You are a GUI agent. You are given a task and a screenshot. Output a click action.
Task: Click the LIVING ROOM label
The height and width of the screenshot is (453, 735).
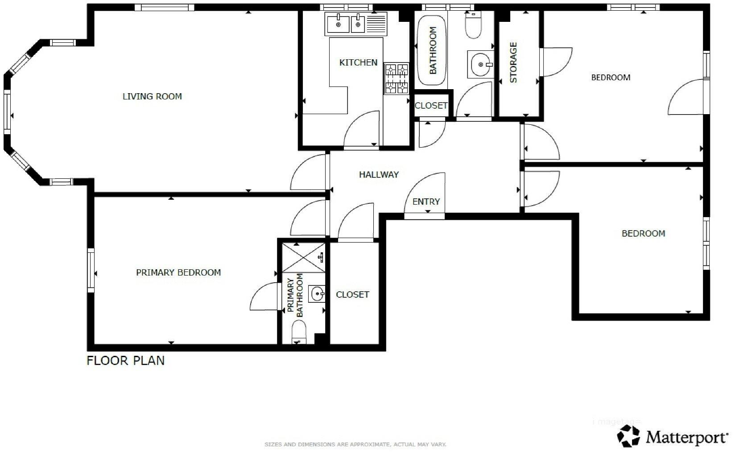tap(152, 96)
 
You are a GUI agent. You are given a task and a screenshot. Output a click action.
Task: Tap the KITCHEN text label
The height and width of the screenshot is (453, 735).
tap(358, 62)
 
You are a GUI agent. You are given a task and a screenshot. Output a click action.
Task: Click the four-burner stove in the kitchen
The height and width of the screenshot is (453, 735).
tap(396, 78)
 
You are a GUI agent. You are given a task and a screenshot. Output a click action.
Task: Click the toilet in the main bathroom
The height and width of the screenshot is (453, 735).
tap(473, 25)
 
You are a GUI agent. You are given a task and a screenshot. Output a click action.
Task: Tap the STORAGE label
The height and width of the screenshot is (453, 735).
tap(513, 62)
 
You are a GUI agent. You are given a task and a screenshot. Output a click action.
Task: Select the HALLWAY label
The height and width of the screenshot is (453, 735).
tap(379, 175)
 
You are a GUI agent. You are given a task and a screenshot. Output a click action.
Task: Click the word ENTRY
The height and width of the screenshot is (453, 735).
tap(426, 202)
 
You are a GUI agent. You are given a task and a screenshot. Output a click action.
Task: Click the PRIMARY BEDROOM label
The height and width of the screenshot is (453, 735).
tap(178, 272)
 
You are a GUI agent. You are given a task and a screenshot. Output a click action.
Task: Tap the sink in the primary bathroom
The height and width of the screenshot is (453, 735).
tap(318, 294)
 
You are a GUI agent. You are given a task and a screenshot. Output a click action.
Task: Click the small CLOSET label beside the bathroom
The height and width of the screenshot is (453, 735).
tap(431, 106)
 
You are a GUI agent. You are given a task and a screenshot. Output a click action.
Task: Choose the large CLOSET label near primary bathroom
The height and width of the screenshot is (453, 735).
tap(352, 295)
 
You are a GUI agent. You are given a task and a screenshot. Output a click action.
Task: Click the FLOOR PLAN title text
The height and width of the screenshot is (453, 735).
tap(125, 360)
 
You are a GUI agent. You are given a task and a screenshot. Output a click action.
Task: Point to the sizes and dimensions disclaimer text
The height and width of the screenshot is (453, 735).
tap(355, 445)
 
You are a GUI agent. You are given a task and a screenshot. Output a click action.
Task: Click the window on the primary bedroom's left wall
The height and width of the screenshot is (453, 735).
tap(91, 270)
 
